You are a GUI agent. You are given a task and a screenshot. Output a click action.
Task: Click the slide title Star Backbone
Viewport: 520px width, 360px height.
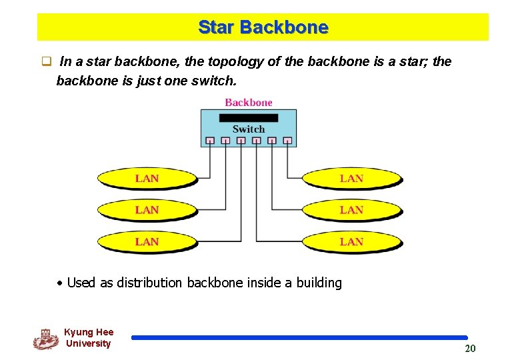pos(263,27)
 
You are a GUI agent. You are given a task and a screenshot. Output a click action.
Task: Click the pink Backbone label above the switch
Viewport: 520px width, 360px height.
pos(249,102)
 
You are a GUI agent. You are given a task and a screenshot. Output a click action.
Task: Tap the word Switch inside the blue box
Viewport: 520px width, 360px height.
pos(249,129)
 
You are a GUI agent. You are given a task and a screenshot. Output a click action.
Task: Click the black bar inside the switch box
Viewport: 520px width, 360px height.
pos(249,118)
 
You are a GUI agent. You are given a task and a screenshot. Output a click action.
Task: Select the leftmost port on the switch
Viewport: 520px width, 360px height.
pos(210,141)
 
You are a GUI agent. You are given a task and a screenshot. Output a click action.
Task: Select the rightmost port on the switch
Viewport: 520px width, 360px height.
pos(287,141)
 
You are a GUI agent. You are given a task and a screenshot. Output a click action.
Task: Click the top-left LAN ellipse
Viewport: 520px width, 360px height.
pos(147,179)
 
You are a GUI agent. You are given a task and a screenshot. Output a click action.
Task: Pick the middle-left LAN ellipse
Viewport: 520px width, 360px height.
pos(147,210)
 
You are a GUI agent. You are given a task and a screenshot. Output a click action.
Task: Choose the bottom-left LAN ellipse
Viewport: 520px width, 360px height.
pos(147,241)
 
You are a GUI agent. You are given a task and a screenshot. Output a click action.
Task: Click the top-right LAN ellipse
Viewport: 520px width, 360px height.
pos(352,179)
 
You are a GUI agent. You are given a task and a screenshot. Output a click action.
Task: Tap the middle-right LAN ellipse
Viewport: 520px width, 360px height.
pos(352,210)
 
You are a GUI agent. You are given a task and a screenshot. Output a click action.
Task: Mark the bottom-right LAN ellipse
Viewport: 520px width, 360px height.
pos(352,241)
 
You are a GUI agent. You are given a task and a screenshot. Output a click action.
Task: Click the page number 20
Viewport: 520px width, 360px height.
pos(470,349)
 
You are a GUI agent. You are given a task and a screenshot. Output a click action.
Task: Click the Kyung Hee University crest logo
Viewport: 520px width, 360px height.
pos(45,339)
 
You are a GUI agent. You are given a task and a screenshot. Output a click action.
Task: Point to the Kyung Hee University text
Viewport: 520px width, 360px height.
pos(89,337)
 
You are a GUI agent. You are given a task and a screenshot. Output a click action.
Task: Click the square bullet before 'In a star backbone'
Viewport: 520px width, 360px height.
pos(47,62)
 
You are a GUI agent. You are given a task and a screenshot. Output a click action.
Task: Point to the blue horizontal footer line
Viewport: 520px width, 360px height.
pos(299,338)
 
